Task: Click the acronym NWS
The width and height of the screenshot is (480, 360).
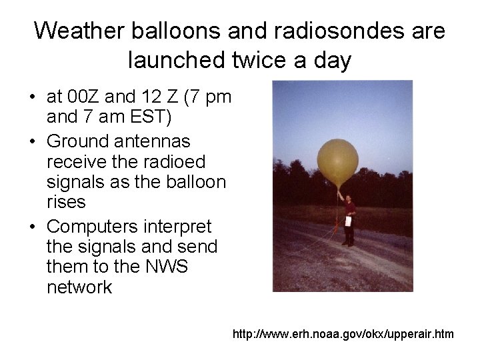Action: point(166,267)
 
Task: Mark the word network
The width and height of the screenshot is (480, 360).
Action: point(79,288)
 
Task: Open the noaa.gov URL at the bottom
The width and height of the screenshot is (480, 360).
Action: point(343,333)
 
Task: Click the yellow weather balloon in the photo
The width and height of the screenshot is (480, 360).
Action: point(337,163)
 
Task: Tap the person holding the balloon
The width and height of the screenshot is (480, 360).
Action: point(347,217)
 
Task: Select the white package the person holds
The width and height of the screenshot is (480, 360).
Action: point(348,221)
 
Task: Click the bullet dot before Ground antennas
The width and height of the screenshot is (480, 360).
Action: point(33,142)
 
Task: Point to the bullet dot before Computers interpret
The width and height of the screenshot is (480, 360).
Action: point(33,227)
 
